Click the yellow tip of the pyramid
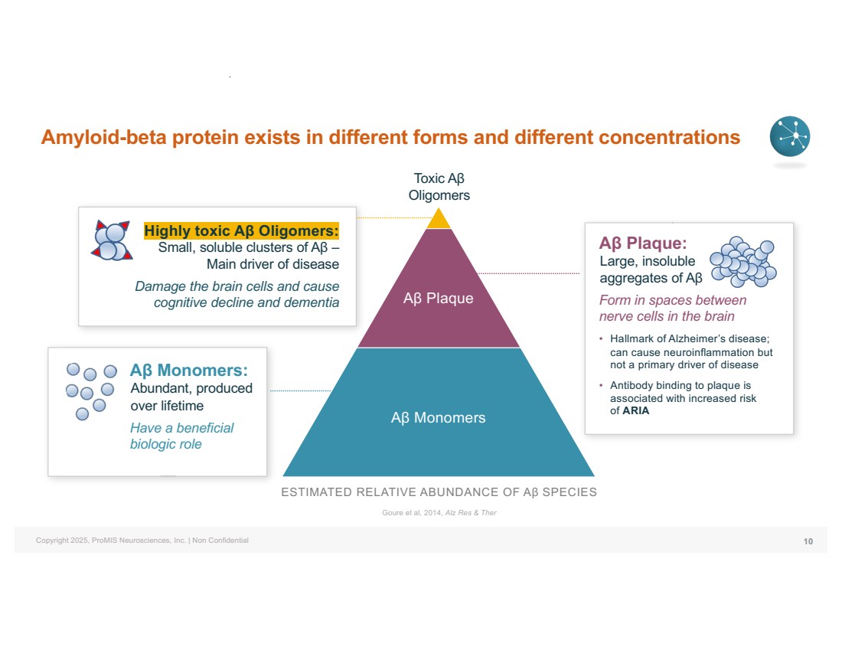439,220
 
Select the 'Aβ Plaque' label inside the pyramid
438,298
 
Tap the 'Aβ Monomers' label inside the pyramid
438,417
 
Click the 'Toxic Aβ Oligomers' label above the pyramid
439,186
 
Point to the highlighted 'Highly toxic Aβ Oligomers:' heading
242,230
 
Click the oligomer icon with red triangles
111,240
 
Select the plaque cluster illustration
743,261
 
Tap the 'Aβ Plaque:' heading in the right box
643,243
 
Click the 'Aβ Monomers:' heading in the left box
189,370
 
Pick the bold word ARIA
636,410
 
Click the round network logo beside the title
790,136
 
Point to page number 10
808,541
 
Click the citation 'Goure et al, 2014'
412,512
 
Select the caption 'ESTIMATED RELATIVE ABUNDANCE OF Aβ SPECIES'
439,492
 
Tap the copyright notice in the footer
142,541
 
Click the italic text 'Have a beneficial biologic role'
182,436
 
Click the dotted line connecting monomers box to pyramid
301,390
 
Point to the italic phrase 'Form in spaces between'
673,300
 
